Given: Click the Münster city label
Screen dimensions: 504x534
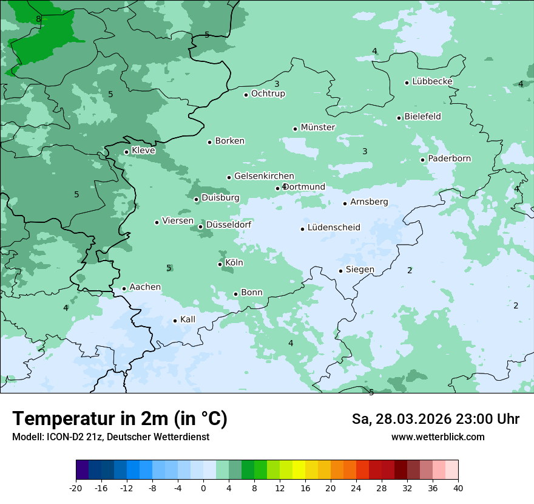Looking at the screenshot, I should point(317,128).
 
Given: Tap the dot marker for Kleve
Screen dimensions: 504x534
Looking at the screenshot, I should point(126,152).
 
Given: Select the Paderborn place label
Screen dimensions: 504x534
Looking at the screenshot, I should point(449,158).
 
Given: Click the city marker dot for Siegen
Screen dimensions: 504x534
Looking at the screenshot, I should point(341,271).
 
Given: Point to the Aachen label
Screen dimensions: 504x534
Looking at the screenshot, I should point(145,287).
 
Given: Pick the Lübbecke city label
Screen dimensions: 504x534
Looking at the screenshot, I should point(432,81).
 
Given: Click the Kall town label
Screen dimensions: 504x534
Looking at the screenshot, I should point(188,319).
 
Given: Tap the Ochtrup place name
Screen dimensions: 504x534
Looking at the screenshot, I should point(268,94).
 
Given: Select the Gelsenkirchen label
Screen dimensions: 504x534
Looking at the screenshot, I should point(264,176).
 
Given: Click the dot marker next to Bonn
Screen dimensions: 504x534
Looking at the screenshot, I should point(236,294).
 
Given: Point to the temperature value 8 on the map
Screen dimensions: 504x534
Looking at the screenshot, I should point(39,19).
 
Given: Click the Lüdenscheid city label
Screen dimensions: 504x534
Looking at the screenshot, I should point(334,228).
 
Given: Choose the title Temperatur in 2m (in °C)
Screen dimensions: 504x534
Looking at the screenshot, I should point(120,418).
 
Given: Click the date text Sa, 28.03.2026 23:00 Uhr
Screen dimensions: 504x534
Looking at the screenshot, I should point(435,419).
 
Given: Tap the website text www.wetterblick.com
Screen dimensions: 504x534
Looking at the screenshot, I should point(438,437).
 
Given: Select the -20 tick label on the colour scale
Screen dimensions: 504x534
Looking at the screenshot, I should point(76,488).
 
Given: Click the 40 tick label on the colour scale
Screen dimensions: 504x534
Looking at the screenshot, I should point(458,488).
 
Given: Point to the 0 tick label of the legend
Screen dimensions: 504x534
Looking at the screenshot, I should point(203,488).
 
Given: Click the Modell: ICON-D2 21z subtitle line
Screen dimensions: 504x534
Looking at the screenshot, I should point(110,437).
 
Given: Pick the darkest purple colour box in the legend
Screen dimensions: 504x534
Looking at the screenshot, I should point(83,470).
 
